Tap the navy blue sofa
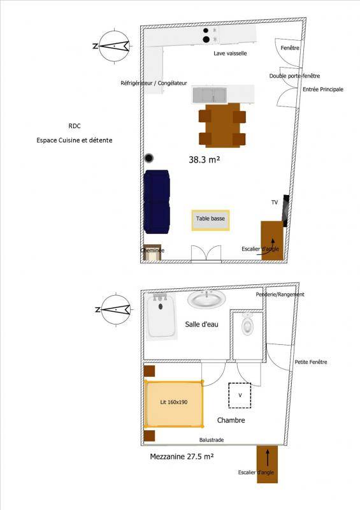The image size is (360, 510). click(x=157, y=201)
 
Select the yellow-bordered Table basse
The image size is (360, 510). click(x=210, y=220)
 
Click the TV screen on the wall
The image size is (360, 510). click(x=286, y=210)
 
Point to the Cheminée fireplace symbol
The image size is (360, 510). click(x=152, y=252)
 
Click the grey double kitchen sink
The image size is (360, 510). click(x=210, y=95)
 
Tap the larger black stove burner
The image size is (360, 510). click(x=206, y=40)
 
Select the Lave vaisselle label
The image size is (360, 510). click(x=230, y=54)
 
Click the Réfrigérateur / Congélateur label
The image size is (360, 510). click(x=154, y=84)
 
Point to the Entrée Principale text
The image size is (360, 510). click(x=323, y=89)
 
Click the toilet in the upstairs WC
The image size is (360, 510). click(x=247, y=324)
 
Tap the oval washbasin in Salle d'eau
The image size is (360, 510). click(x=206, y=299)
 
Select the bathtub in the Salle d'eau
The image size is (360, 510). click(x=162, y=316)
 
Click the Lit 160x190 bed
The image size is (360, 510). click(x=174, y=404)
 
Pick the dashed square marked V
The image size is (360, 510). click(x=240, y=395)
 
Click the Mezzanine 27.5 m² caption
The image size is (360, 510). click(x=182, y=456)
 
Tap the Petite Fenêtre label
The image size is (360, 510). click(x=311, y=362)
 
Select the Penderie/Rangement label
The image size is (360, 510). click(x=280, y=295)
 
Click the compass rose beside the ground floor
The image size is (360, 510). click(x=114, y=46)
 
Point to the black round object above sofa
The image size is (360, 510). click(x=149, y=158)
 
